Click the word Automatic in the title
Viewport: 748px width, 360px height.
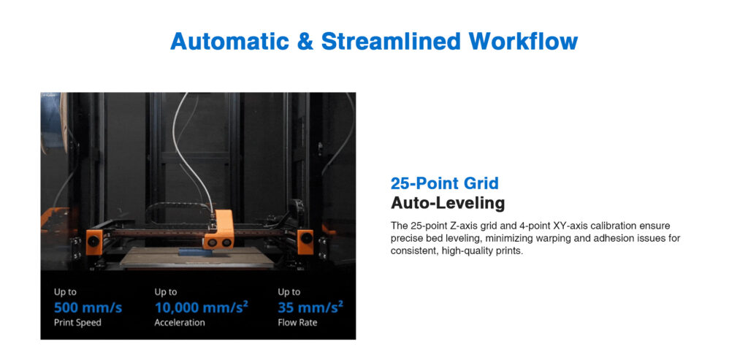pos(229,41)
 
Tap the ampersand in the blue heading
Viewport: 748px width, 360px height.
pos(305,41)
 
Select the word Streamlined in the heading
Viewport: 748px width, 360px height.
pos(391,41)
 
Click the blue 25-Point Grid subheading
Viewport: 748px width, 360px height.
pos(445,183)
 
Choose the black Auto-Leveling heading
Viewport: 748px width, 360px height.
pos(448,203)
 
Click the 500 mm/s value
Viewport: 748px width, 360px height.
pos(88,307)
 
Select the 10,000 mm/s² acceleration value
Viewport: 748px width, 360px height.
pos(202,307)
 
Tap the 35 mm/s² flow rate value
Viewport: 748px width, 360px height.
pos(310,307)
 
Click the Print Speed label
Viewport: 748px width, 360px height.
pos(77,322)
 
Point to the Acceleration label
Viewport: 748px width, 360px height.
pos(180,322)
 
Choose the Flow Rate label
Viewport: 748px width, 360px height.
pos(297,322)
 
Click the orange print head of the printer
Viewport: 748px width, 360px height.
pos(219,230)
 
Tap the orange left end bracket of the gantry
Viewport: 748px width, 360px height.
pos(94,241)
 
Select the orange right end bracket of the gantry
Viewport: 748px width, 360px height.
pos(305,241)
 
